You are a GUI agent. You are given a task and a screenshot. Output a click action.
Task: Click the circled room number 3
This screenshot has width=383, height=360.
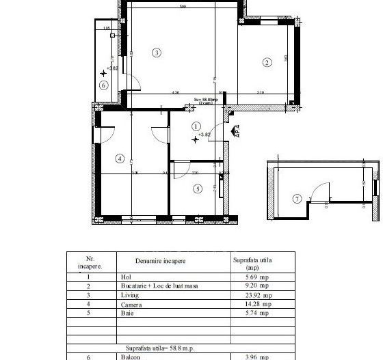click(x=157, y=53)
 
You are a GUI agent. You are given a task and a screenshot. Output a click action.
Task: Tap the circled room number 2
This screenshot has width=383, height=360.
click(x=267, y=64)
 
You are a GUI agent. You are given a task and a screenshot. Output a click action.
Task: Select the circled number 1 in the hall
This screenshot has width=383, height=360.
click(x=197, y=126)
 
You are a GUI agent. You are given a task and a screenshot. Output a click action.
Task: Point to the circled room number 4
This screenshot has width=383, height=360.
click(x=120, y=159)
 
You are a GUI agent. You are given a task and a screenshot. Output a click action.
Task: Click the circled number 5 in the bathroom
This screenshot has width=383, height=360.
click(x=198, y=189)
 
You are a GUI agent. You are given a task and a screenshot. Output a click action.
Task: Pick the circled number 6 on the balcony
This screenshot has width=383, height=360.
click(x=103, y=85)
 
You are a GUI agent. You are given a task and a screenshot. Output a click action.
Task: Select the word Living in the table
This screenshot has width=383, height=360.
click(x=127, y=296)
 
